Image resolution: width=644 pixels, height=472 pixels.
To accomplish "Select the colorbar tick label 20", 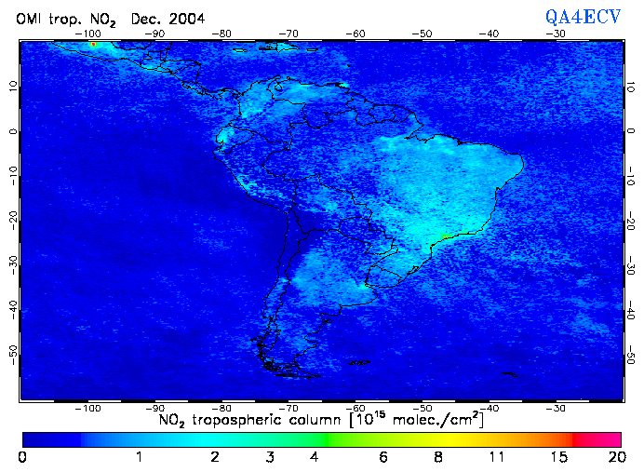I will (614, 457).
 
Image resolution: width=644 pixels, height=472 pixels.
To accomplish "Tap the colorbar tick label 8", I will (436, 457).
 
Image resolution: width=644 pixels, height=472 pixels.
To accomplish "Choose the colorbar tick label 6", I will (383, 457).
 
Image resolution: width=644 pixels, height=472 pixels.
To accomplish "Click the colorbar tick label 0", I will (22, 457).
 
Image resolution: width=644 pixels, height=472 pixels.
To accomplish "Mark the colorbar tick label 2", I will (214, 457).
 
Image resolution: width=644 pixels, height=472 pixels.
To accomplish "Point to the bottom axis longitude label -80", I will (221, 408).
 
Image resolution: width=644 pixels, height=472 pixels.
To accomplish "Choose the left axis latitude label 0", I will (11, 131).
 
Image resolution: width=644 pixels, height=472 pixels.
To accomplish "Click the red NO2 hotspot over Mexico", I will (92, 44).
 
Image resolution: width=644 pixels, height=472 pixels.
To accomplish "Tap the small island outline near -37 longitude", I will (508, 374).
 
